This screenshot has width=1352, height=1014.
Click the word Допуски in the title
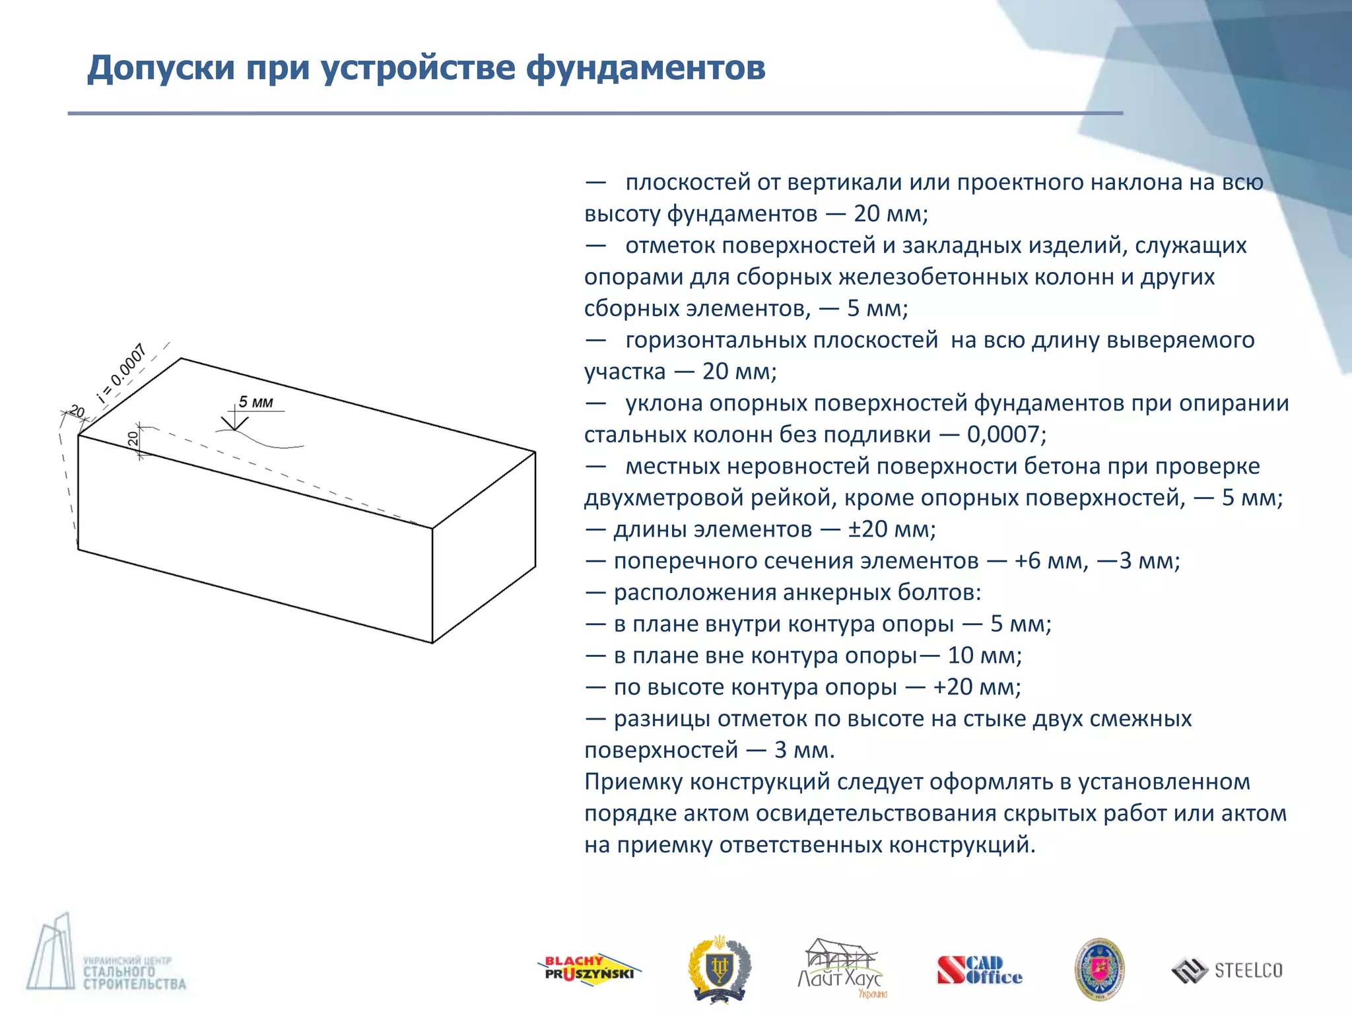pyautogui.click(x=160, y=68)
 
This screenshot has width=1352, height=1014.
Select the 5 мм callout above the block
pyautogui.click(x=255, y=402)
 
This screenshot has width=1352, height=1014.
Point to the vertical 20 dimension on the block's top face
pyautogui.click(x=134, y=438)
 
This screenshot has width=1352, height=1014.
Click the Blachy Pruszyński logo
pyautogui.click(x=588, y=970)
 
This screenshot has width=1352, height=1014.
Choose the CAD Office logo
pyautogui.click(x=979, y=970)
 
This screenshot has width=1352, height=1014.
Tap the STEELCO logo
pyautogui.click(x=1227, y=970)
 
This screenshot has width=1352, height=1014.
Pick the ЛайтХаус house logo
pyautogui.click(x=840, y=968)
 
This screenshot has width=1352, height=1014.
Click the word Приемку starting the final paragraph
pyautogui.click(x=633, y=782)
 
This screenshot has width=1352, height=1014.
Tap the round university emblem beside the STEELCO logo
pyautogui.click(x=1099, y=969)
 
